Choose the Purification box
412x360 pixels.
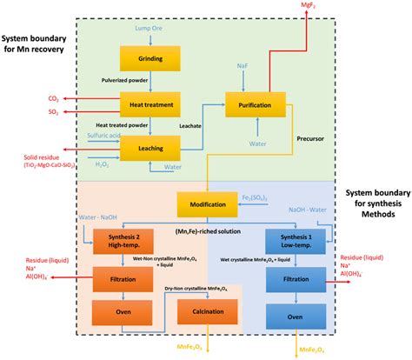[256, 104]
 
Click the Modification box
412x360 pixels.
[207, 206]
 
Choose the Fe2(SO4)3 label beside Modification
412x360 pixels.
[277, 201]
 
